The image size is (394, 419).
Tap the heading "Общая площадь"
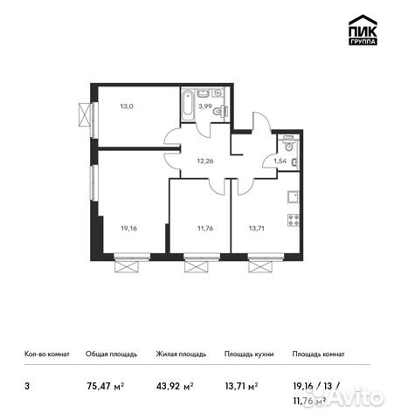coord(110,354)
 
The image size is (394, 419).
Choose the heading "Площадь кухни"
coord(249,354)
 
